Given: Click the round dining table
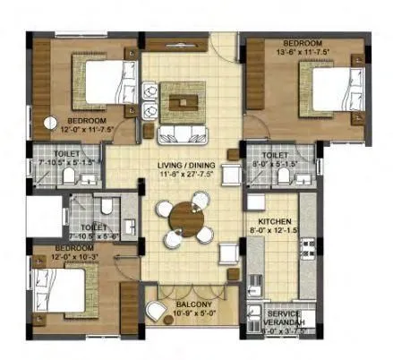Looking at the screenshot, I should (x=184, y=218).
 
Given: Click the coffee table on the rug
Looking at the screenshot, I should (x=184, y=100).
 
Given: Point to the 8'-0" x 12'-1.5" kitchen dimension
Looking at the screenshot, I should (x=274, y=229).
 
